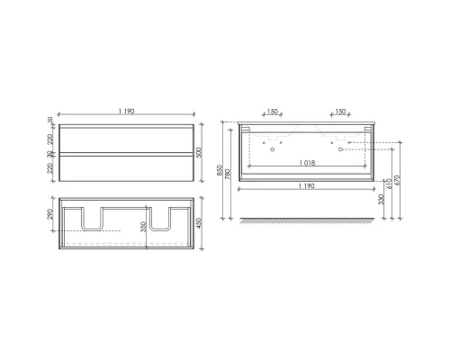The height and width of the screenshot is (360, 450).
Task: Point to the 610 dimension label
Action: point(387,183)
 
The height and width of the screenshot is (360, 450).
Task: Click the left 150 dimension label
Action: point(272,112)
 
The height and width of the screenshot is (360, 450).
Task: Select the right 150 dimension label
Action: point(340,112)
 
